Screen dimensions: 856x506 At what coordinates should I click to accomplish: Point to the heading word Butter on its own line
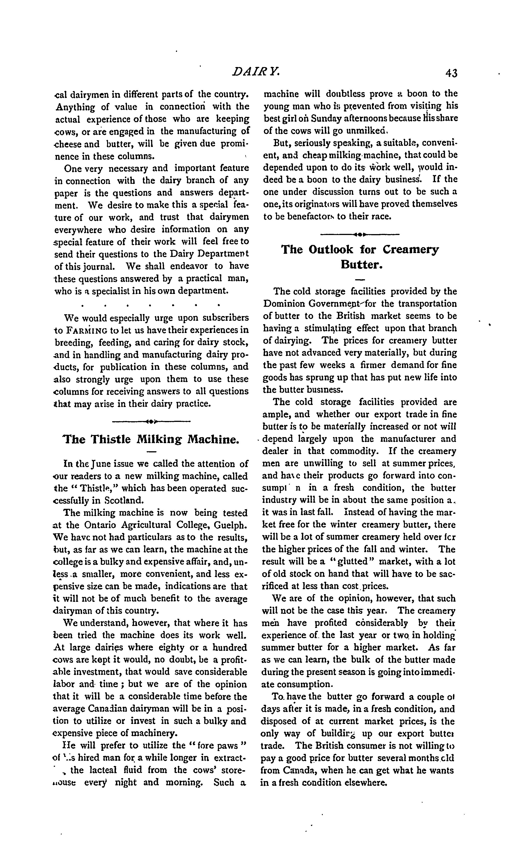[x=361, y=265]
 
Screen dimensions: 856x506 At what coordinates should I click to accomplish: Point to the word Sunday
[x=326, y=118]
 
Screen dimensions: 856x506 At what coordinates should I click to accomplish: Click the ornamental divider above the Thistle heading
[x=151, y=422]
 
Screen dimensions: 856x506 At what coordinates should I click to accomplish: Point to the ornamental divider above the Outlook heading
[x=360, y=234]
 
